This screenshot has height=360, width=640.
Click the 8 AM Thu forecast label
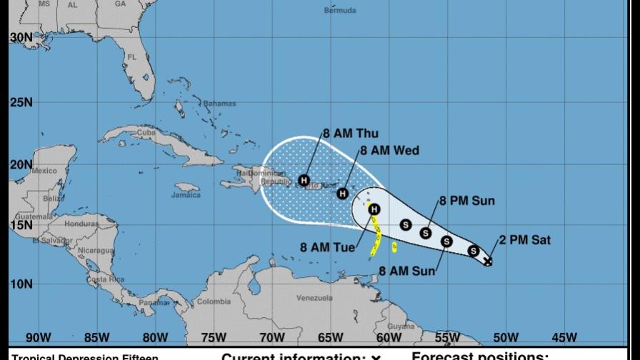coord(351,134)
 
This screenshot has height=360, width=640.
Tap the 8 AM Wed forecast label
coord(389,151)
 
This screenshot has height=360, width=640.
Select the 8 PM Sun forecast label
coord(466,201)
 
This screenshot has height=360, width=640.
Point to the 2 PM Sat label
coord(525,240)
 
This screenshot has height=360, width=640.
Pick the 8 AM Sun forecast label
coord(406,271)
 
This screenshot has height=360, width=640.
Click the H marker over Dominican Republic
coord(304,180)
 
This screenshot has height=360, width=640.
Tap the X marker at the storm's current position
coord(488,261)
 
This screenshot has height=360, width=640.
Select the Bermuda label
coord(340,11)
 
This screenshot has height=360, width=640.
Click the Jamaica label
coord(186,195)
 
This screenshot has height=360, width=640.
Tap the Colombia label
coord(214,301)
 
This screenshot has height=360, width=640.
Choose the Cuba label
coord(146,132)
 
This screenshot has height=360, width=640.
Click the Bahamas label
coord(219,104)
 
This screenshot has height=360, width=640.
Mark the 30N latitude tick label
coord(21,37)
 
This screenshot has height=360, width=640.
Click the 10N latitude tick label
coord(21,284)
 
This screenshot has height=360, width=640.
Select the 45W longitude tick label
coord(564,337)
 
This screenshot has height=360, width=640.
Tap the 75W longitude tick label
coord(214,337)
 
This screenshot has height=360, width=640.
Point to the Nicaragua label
coord(96,251)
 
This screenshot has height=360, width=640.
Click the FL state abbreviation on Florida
coord(132,57)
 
